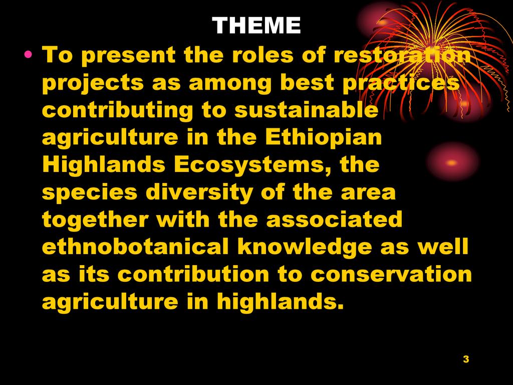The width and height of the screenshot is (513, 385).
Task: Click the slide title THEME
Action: [x=256, y=25]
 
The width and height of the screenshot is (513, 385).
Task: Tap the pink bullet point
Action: [x=28, y=54]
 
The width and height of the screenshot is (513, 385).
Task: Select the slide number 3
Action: [x=466, y=359]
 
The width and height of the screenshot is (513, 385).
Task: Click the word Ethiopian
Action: [x=323, y=137]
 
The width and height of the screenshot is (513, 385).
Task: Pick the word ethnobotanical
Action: [x=135, y=246]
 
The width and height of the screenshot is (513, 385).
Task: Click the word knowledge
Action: [x=305, y=247]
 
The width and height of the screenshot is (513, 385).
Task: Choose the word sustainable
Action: [x=306, y=110]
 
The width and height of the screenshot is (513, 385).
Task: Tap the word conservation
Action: [x=391, y=274]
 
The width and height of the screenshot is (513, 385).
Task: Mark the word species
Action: [x=90, y=193]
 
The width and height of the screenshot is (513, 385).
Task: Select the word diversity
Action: [x=199, y=192]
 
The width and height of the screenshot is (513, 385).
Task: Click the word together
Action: [x=95, y=220]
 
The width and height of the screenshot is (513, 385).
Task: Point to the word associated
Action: [x=334, y=219]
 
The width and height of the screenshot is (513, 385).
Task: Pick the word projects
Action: [x=93, y=83]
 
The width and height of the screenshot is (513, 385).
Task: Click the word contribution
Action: [x=193, y=274]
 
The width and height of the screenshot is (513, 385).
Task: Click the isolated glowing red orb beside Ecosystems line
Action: [x=452, y=162]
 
